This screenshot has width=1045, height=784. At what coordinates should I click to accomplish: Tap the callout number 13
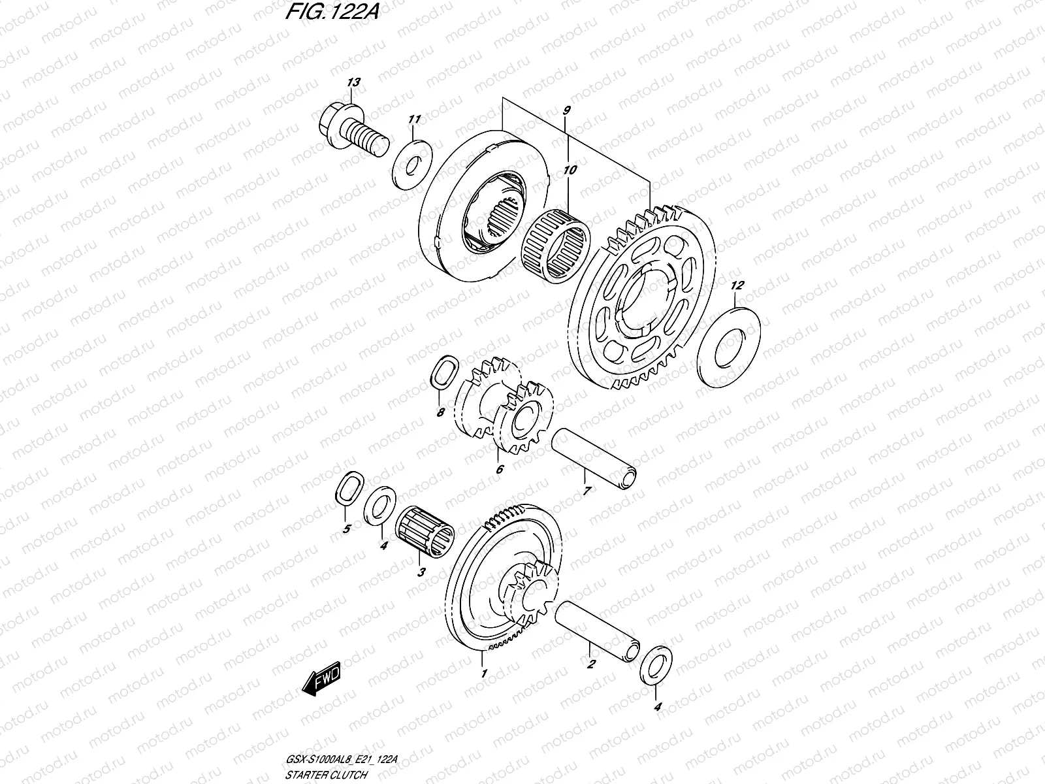tap(353, 82)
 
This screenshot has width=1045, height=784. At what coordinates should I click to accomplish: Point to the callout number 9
tap(566, 110)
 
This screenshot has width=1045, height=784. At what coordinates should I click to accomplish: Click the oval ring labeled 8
tap(442, 374)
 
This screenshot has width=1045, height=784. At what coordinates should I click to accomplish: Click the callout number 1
tap(483, 673)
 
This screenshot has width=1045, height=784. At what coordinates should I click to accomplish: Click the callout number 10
tap(570, 170)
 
